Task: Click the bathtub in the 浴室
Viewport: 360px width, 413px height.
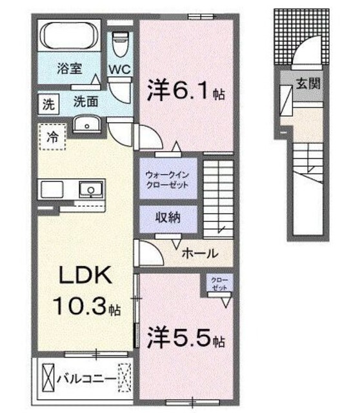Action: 69,35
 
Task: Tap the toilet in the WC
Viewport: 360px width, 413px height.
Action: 120,44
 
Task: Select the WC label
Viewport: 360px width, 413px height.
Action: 120,69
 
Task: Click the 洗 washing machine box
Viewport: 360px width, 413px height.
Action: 48,105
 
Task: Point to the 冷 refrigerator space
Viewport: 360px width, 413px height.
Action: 52,137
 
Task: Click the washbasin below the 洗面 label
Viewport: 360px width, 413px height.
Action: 87,124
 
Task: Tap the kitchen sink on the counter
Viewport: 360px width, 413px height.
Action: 91,189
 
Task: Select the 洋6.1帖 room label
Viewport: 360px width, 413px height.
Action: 186,90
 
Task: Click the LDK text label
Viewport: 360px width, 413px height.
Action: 85,275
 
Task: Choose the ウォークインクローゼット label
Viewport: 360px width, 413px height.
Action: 168,179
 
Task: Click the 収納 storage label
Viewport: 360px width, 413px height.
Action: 168,218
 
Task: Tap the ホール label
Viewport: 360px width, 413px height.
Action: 201,254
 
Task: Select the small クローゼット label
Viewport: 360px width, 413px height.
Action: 219,284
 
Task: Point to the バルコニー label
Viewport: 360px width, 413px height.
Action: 87,379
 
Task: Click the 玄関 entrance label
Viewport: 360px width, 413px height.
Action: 308,84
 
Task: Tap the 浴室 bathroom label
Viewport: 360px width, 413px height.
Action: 70,68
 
